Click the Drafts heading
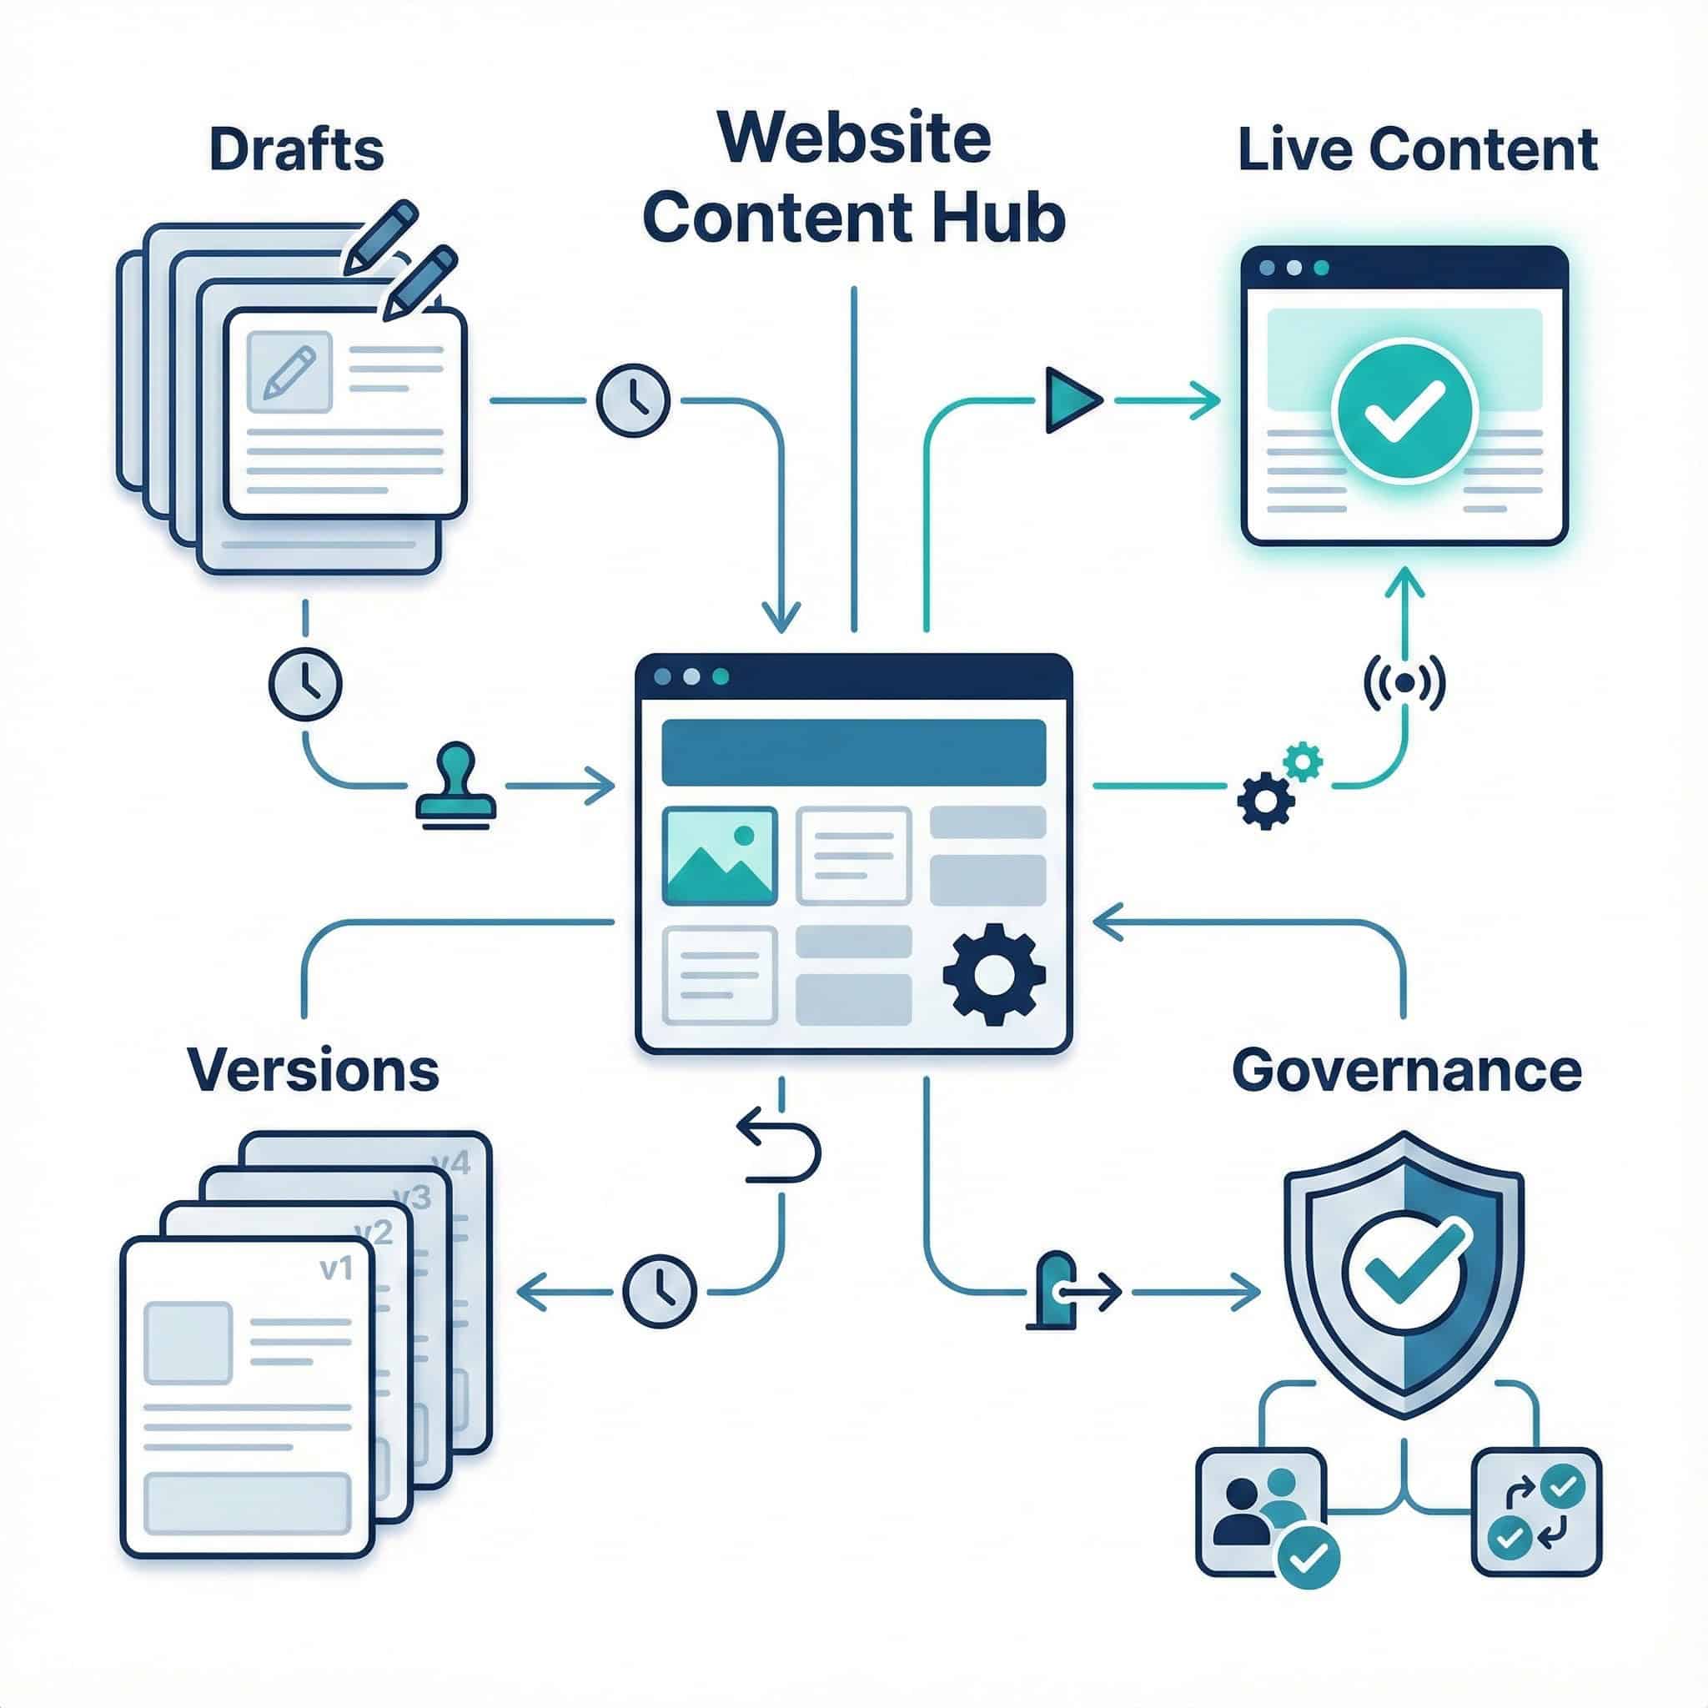click(297, 150)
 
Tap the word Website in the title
click(854, 138)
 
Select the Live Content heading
click(1417, 150)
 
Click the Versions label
click(314, 1071)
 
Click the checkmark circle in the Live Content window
click(1404, 412)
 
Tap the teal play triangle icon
click(1071, 400)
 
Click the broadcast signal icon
click(1404, 682)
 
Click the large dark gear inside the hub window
click(993, 973)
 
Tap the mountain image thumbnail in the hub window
click(720, 855)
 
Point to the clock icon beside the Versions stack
click(660, 1292)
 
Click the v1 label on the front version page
click(336, 1268)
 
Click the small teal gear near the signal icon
click(1304, 761)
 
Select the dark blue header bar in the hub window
click(853, 752)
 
